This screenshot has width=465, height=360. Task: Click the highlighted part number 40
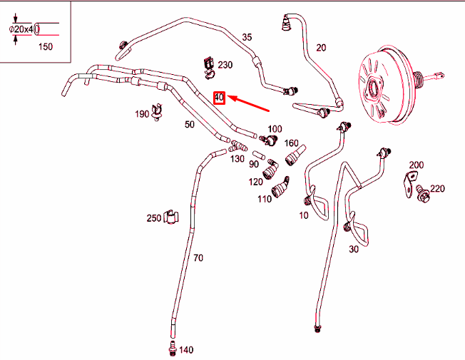(220, 97)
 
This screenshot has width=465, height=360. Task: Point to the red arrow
(249, 104)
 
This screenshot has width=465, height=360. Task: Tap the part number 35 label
(247, 37)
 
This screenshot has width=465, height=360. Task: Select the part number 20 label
(321, 48)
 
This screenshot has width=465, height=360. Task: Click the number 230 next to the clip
(225, 65)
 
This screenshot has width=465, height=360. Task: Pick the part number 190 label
(142, 114)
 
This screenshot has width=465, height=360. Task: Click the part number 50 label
(190, 125)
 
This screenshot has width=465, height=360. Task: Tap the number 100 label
(275, 129)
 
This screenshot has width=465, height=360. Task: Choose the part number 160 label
(292, 143)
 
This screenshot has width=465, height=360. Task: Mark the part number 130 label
(237, 158)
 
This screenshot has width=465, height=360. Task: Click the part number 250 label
(153, 217)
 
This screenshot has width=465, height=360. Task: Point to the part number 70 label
(198, 257)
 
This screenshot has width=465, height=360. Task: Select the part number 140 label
(186, 350)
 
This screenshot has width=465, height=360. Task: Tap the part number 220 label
(437, 189)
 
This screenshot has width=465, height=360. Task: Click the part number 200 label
(416, 165)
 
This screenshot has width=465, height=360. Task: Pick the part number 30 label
(354, 250)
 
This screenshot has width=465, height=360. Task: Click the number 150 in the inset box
(45, 46)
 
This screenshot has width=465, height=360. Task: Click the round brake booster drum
(382, 82)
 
